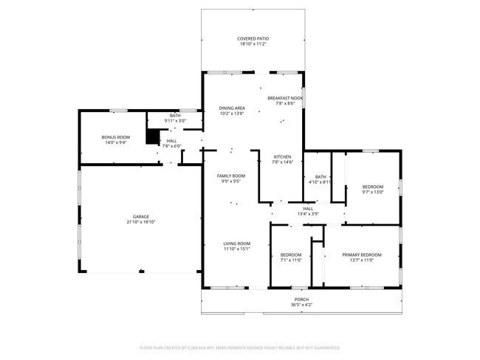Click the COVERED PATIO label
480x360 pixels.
pyautogui.click(x=253, y=39)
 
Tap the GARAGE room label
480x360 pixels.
pyautogui.click(x=141, y=217)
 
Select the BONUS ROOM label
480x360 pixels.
pyautogui.click(x=116, y=137)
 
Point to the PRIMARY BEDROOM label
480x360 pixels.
pyautogui.click(x=362, y=255)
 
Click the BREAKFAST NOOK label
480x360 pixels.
pyautogui.click(x=285, y=98)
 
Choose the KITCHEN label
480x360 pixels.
pyautogui.click(x=282, y=157)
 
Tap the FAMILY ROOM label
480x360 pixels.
pyautogui.click(x=231, y=176)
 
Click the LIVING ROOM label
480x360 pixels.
pyautogui.click(x=236, y=243)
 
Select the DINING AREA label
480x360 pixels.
pyautogui.click(x=232, y=108)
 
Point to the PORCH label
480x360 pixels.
pyautogui.click(x=301, y=300)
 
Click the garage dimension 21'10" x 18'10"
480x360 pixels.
pyautogui.click(x=141, y=222)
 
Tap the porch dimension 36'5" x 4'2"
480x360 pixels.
pyautogui.click(x=301, y=305)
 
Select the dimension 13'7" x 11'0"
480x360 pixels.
pyautogui.click(x=362, y=260)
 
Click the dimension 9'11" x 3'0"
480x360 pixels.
pyautogui.click(x=175, y=121)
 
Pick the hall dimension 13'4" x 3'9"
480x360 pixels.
pyautogui.click(x=308, y=214)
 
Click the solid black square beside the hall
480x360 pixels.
pyautogui.click(x=152, y=136)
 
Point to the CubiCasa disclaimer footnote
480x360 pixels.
pyautogui.click(x=240, y=347)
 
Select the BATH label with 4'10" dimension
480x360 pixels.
pyautogui.click(x=320, y=177)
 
